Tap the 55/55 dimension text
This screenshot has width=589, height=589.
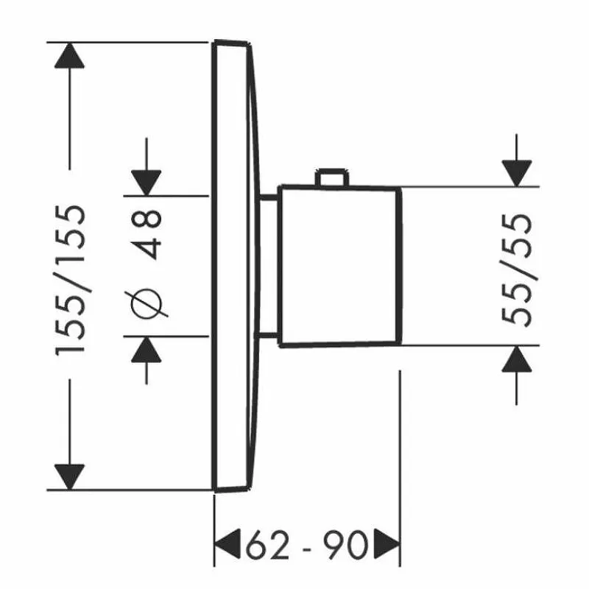(x=518, y=269)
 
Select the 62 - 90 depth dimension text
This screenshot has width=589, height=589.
(x=306, y=545)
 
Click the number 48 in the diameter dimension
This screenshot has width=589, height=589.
(x=147, y=234)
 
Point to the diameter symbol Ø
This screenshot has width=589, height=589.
(x=149, y=303)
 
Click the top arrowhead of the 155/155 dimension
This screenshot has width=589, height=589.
(x=69, y=55)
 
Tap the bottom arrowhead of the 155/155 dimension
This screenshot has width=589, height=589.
(x=69, y=476)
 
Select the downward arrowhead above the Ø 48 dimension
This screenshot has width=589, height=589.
(x=146, y=183)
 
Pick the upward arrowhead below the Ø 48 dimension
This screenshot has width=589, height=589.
(x=146, y=349)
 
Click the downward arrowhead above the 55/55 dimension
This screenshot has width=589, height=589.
(x=517, y=173)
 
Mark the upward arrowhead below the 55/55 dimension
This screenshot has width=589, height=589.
(x=517, y=359)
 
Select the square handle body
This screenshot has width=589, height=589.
(x=340, y=266)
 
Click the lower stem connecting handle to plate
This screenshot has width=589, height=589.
(x=268, y=336)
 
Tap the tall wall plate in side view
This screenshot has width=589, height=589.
(x=236, y=266)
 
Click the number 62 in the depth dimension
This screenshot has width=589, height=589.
(x=267, y=545)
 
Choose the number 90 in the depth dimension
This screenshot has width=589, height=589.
(x=345, y=545)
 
